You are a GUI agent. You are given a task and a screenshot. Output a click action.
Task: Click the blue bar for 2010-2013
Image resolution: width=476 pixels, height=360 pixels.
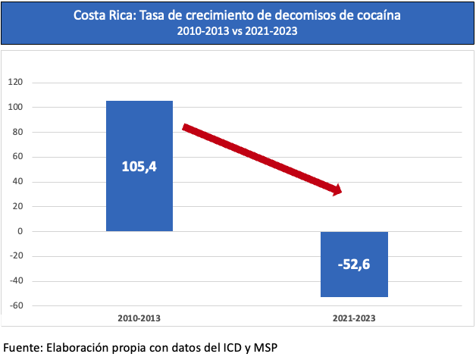tap(139, 197)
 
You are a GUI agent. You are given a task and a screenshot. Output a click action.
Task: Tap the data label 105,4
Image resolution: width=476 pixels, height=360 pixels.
tap(139, 165)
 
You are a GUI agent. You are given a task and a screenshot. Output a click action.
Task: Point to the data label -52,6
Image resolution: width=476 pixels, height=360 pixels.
tap(355, 265)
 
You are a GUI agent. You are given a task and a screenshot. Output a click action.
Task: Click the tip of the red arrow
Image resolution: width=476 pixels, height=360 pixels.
tap(340, 192)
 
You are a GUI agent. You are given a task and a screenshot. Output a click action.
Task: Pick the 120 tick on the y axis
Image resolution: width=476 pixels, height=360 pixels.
tap(16, 83)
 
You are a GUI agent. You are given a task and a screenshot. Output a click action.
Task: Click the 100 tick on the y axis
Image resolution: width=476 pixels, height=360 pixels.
tap(16, 108)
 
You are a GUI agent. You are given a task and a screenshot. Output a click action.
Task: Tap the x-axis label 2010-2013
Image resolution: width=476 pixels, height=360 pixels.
tap(139, 321)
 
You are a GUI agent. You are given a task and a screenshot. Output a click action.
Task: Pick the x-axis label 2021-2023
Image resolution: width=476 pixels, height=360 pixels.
tap(355, 321)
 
